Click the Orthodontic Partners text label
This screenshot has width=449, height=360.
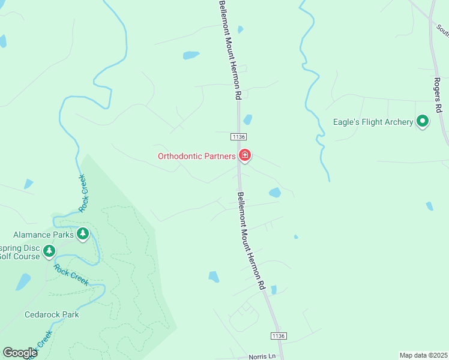point(196,157)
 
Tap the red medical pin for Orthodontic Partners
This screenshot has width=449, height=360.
point(245,156)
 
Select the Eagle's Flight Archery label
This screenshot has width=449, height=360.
point(373,122)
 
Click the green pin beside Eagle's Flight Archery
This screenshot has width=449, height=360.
point(423,122)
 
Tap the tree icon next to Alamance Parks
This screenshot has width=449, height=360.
point(83,233)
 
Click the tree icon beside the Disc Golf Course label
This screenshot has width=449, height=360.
point(49,251)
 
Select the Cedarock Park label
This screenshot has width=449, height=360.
point(52,314)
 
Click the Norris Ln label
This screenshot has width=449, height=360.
point(262,355)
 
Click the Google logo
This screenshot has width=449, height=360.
point(20,353)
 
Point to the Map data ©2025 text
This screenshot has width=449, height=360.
point(423,355)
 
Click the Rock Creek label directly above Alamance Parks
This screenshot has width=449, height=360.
point(82,193)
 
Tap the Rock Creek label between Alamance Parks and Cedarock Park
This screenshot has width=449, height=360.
point(71,274)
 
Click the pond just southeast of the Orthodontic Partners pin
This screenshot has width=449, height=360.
point(275,193)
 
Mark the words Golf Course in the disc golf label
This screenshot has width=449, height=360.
point(20,257)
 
